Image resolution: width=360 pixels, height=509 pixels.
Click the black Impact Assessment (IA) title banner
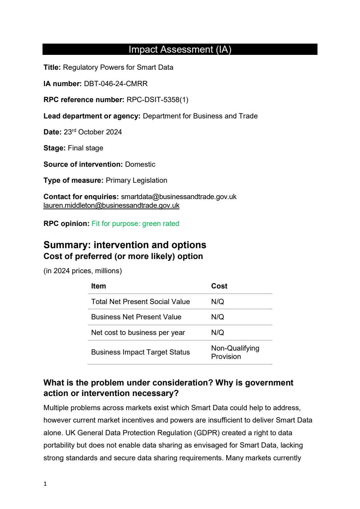[x=180, y=49]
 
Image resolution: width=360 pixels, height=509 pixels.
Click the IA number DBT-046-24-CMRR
[x=116, y=84]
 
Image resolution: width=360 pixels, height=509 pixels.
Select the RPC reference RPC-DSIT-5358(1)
[x=157, y=100]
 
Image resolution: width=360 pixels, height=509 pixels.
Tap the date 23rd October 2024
[x=93, y=132]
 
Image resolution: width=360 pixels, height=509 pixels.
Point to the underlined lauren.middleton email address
[x=111, y=206]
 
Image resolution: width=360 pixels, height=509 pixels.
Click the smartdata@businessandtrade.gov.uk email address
[x=178, y=197]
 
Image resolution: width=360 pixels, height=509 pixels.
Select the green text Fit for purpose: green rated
[x=135, y=223]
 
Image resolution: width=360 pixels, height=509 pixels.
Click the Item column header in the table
[x=98, y=286]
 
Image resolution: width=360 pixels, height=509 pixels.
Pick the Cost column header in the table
[x=219, y=286]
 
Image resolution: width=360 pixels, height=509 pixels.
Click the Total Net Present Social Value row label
[x=140, y=302]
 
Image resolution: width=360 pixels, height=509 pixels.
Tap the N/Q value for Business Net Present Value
[x=218, y=317]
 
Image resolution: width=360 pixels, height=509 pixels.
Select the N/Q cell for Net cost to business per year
[x=218, y=332]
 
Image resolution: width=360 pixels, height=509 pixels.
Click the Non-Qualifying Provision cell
[x=235, y=352]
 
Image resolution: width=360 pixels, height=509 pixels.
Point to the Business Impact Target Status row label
[x=140, y=352]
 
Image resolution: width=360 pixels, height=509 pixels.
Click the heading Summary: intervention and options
[x=125, y=245]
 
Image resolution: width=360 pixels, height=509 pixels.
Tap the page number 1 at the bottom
[x=45, y=484]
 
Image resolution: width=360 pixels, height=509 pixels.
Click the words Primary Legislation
[x=136, y=180]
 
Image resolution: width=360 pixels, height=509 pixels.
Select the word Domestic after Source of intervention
[x=140, y=164]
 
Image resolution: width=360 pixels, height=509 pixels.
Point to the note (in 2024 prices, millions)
[x=82, y=271]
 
